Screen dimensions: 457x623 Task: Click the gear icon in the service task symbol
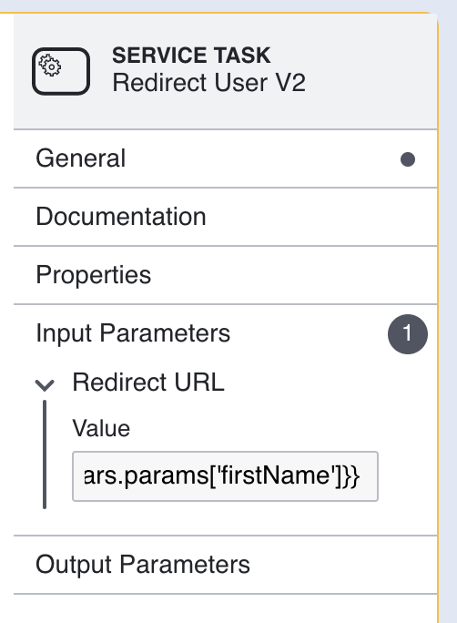(50, 66)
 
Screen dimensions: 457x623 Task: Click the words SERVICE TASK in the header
(191, 56)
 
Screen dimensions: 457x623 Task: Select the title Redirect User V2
(208, 83)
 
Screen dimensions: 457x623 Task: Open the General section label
(81, 158)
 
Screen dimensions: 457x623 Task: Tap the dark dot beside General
(408, 159)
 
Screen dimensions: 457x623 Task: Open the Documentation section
(121, 217)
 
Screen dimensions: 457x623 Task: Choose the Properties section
(94, 275)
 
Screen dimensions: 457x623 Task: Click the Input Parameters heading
(133, 333)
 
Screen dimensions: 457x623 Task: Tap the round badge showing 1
(408, 333)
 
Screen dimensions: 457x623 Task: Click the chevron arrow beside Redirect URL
(45, 385)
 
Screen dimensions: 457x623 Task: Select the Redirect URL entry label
(148, 383)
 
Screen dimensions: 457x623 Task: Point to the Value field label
(101, 428)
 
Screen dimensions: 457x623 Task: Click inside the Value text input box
(225, 476)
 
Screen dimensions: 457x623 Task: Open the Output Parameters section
(143, 564)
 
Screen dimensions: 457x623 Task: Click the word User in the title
(240, 83)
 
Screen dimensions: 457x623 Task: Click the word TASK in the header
(242, 56)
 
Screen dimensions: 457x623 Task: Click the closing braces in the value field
(351, 476)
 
